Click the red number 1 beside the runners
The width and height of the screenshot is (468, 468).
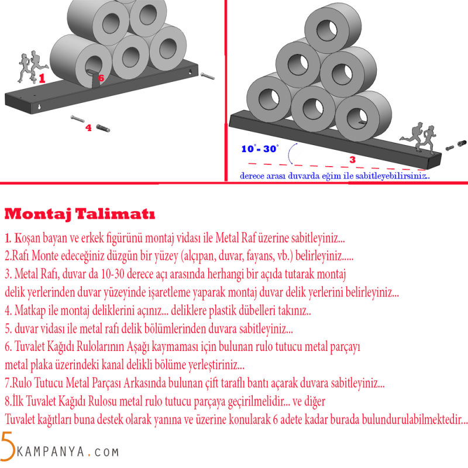click(42, 78)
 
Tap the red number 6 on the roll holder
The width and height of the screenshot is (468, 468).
click(101, 78)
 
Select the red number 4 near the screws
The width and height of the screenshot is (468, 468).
click(88, 128)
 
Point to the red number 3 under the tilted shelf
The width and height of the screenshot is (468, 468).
click(353, 160)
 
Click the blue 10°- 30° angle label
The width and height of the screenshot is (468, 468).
click(260, 149)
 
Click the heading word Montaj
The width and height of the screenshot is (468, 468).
click(38, 214)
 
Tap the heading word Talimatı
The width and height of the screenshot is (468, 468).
click(115, 214)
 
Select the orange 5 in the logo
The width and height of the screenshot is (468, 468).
click(8, 446)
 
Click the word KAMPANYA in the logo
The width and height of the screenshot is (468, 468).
click(50, 452)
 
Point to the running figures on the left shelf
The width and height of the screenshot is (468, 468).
click(33, 67)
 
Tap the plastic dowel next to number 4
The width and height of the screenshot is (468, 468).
click(103, 128)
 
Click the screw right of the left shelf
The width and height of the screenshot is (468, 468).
click(207, 76)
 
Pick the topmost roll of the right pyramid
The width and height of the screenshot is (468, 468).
click(333, 29)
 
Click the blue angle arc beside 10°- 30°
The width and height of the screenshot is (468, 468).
click(290, 153)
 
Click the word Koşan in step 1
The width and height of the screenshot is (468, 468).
click(27, 238)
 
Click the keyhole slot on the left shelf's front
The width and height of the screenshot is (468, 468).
click(39, 106)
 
